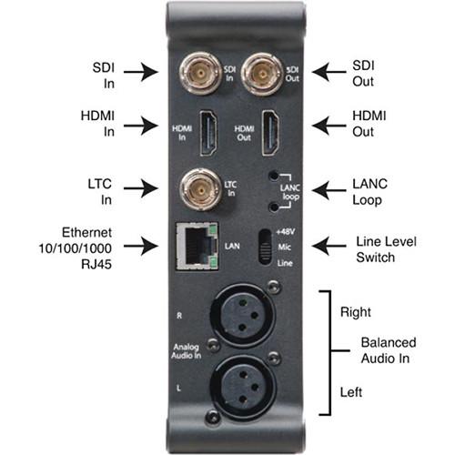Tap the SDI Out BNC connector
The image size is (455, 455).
pyautogui.click(x=262, y=69)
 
